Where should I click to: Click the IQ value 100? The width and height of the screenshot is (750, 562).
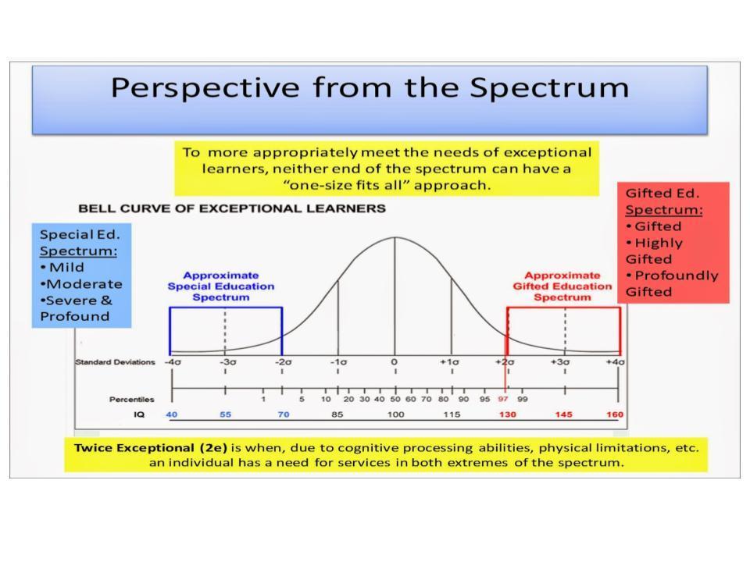tap(395, 414)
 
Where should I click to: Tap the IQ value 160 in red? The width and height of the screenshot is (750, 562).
tap(615, 414)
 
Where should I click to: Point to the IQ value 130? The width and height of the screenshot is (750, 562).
tap(507, 414)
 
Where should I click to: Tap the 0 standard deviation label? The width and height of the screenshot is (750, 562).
tap(395, 362)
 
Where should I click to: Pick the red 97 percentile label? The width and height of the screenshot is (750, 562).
tap(503, 399)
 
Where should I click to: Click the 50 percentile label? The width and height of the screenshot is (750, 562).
tap(395, 399)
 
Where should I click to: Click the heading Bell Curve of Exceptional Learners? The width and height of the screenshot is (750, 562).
tap(231, 208)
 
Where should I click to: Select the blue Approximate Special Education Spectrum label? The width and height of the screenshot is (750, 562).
tap(221, 286)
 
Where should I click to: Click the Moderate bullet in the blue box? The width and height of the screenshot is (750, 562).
tap(81, 283)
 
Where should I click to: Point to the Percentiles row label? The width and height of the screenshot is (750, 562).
tap(131, 400)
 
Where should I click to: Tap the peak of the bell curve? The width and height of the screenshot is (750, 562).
tap(395, 237)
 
